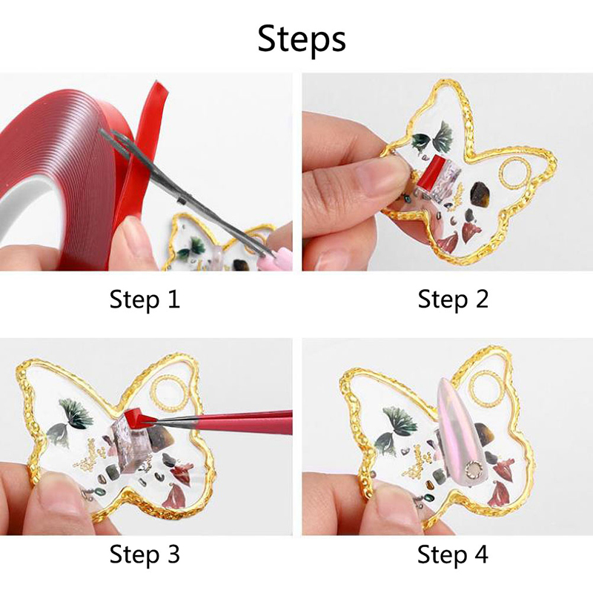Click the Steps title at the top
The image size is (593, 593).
pos(302,39)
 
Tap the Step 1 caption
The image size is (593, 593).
pos(145,299)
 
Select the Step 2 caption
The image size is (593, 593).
pos(453,299)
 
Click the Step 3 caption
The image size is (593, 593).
pos(145,554)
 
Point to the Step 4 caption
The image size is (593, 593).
pos(453,554)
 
